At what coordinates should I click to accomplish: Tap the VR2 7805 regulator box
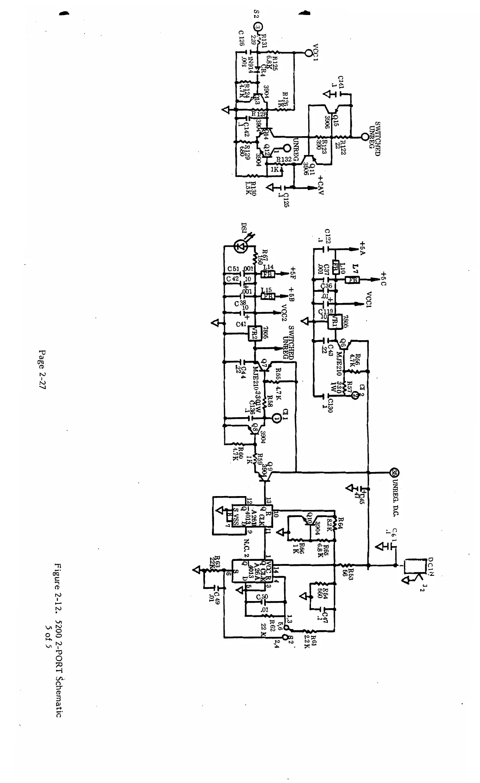tap(252, 334)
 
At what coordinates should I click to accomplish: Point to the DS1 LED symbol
tap(240, 247)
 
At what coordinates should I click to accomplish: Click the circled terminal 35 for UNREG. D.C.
tap(394, 472)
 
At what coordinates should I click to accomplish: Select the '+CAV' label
tap(321, 185)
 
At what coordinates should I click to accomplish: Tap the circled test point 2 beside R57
tap(354, 394)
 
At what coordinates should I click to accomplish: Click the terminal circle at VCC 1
tap(308, 52)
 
